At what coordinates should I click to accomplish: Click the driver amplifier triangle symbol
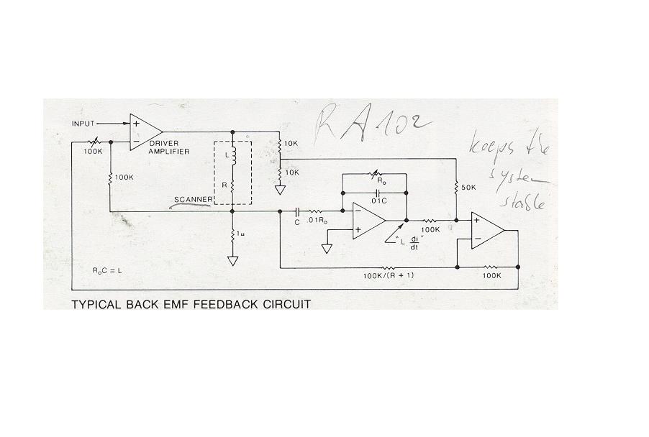[x=145, y=132]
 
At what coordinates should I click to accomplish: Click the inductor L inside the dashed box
[x=232, y=157]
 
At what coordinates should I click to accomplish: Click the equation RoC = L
[x=108, y=270]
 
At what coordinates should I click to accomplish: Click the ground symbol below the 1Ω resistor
[x=232, y=260]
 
